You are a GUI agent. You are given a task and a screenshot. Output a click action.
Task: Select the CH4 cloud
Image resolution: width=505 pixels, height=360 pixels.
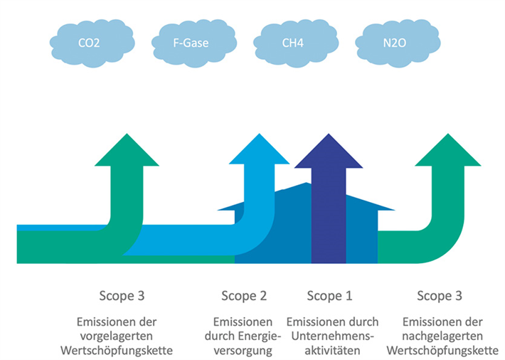[x=292, y=43]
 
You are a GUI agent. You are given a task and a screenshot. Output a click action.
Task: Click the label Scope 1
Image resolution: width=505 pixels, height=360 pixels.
[x=329, y=296]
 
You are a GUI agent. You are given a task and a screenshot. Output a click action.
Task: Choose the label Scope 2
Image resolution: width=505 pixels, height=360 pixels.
[x=244, y=296]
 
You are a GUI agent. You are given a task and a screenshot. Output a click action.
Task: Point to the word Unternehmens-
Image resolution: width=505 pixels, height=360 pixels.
[x=332, y=336]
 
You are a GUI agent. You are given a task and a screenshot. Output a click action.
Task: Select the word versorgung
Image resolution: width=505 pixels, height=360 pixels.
[x=244, y=350]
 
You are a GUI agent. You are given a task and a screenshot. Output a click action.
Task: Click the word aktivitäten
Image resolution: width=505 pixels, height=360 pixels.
[x=332, y=350]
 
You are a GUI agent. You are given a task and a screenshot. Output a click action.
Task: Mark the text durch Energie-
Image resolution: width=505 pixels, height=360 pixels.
[x=244, y=336]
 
